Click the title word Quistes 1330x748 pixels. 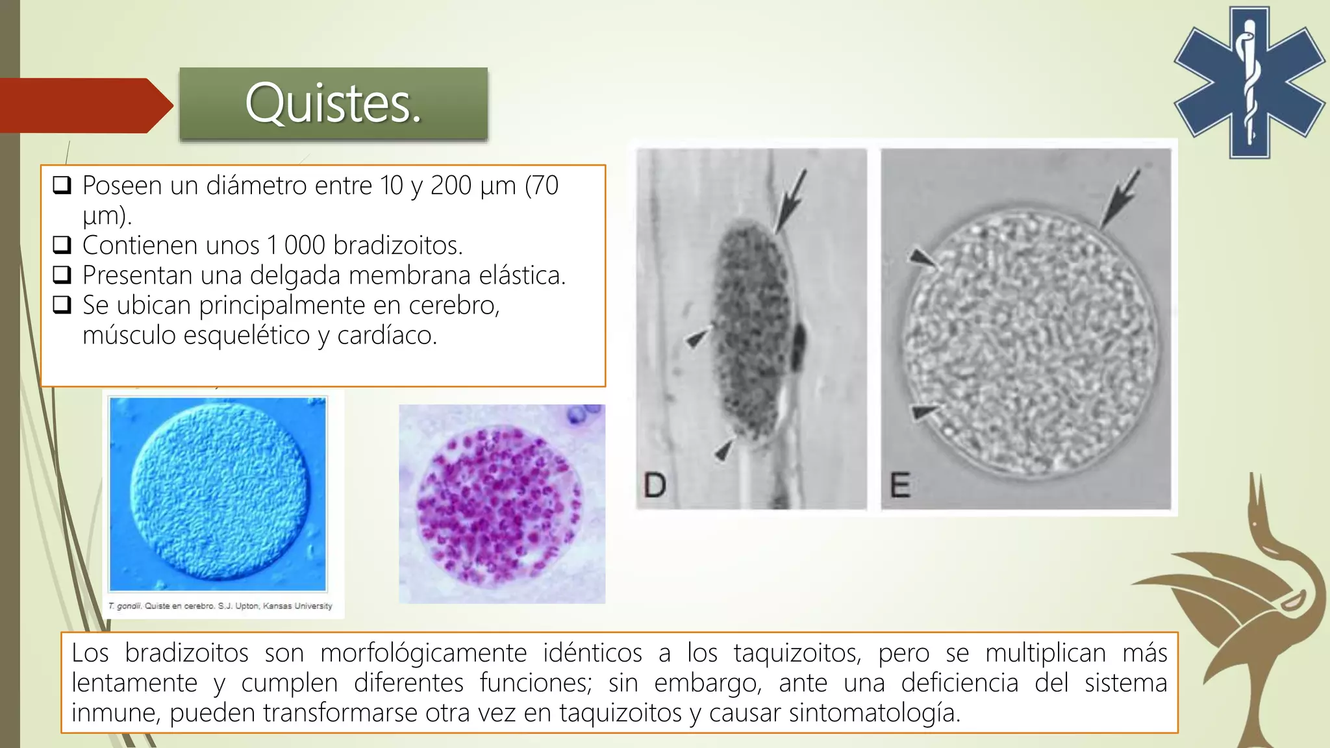[333, 104]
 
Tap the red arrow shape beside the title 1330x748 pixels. [86, 106]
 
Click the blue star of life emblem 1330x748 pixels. [1249, 82]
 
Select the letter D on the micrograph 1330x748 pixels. [655, 485]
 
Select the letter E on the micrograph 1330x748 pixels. [899, 485]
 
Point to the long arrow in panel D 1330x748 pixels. [790, 201]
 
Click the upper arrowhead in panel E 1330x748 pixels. [923, 258]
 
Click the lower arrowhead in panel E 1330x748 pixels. [925, 412]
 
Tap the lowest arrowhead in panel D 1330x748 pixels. [724, 448]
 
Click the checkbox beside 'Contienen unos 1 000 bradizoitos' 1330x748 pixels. [62, 245]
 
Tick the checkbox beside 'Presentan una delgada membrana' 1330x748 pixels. [62, 275]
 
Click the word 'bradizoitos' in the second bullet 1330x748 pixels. [398, 245]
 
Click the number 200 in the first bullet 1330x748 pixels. [451, 186]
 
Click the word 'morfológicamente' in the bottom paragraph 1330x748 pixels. [423, 653]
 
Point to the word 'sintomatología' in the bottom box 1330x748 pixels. [874, 713]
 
